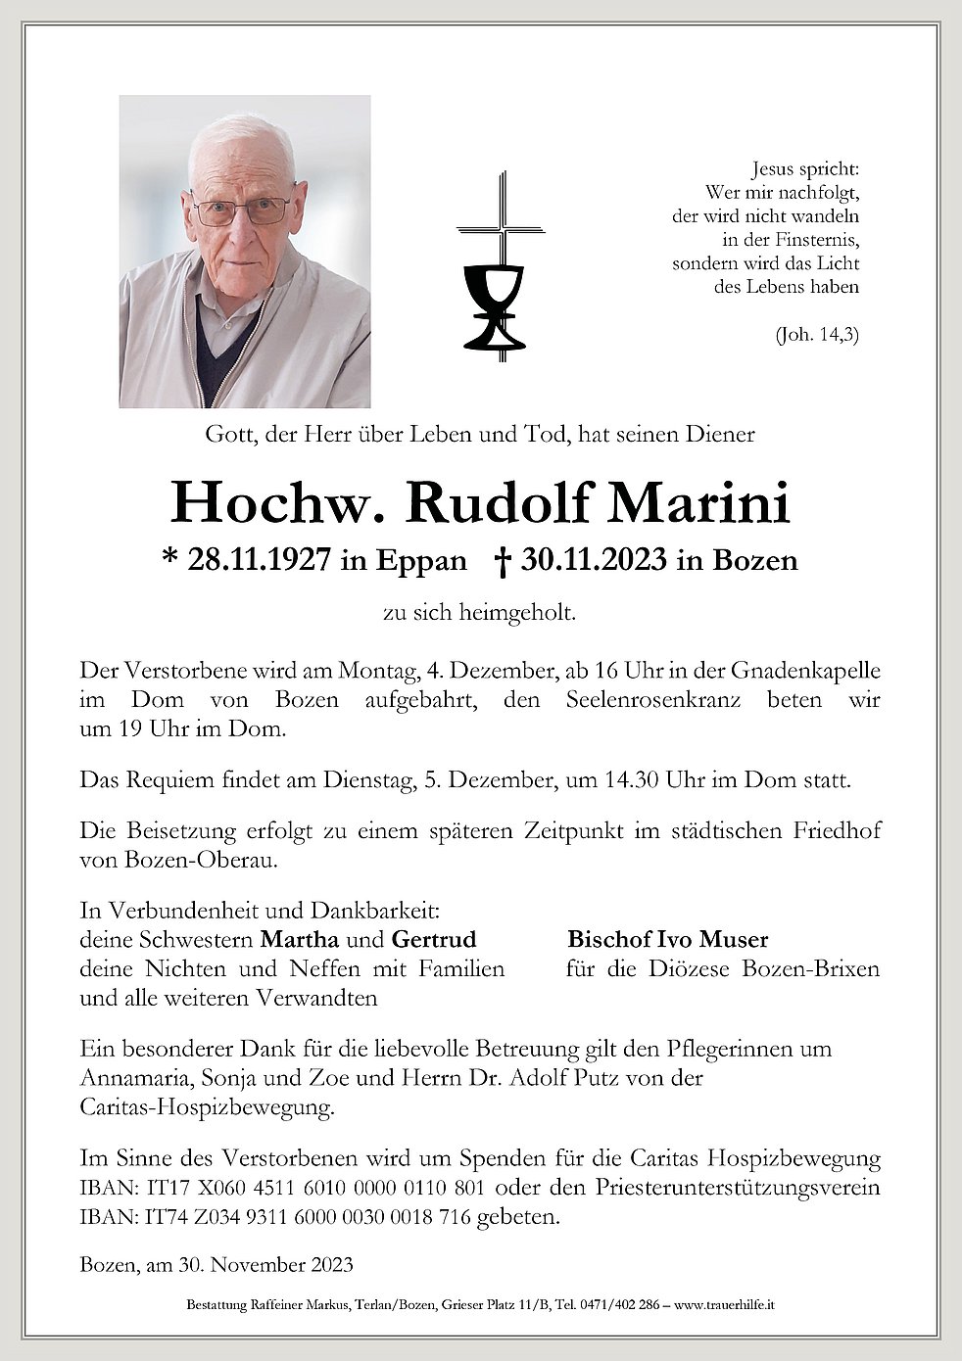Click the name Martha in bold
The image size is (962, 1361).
[x=299, y=940]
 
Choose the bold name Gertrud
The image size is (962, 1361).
[x=434, y=940]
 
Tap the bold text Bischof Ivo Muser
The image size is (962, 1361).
[x=667, y=940]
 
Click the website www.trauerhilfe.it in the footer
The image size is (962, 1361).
[x=727, y=1305]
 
